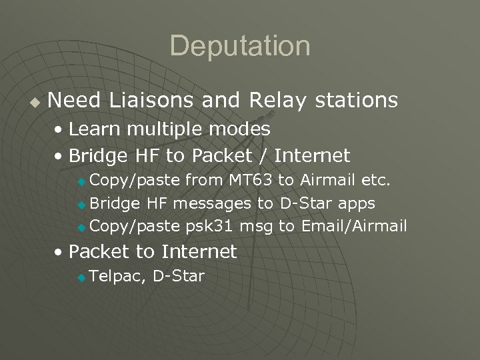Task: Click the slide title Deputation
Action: (240, 46)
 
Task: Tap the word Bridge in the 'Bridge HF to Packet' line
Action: (96, 157)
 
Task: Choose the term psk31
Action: (210, 227)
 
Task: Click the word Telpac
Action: (117, 276)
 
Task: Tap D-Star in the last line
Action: (178, 276)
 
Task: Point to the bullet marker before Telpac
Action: (81, 277)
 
